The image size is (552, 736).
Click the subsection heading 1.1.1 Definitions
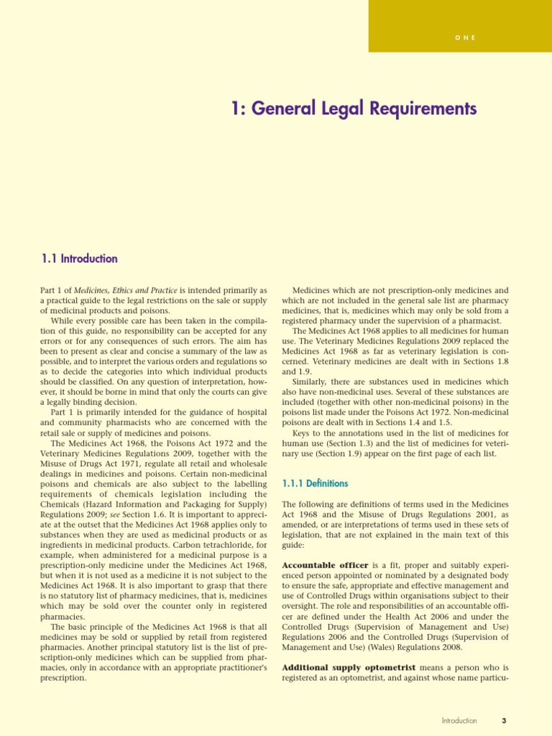pyautogui.click(x=315, y=484)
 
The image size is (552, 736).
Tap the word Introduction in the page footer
pyautogui.click(x=459, y=721)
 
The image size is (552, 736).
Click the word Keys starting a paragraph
pyautogui.click(x=303, y=433)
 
